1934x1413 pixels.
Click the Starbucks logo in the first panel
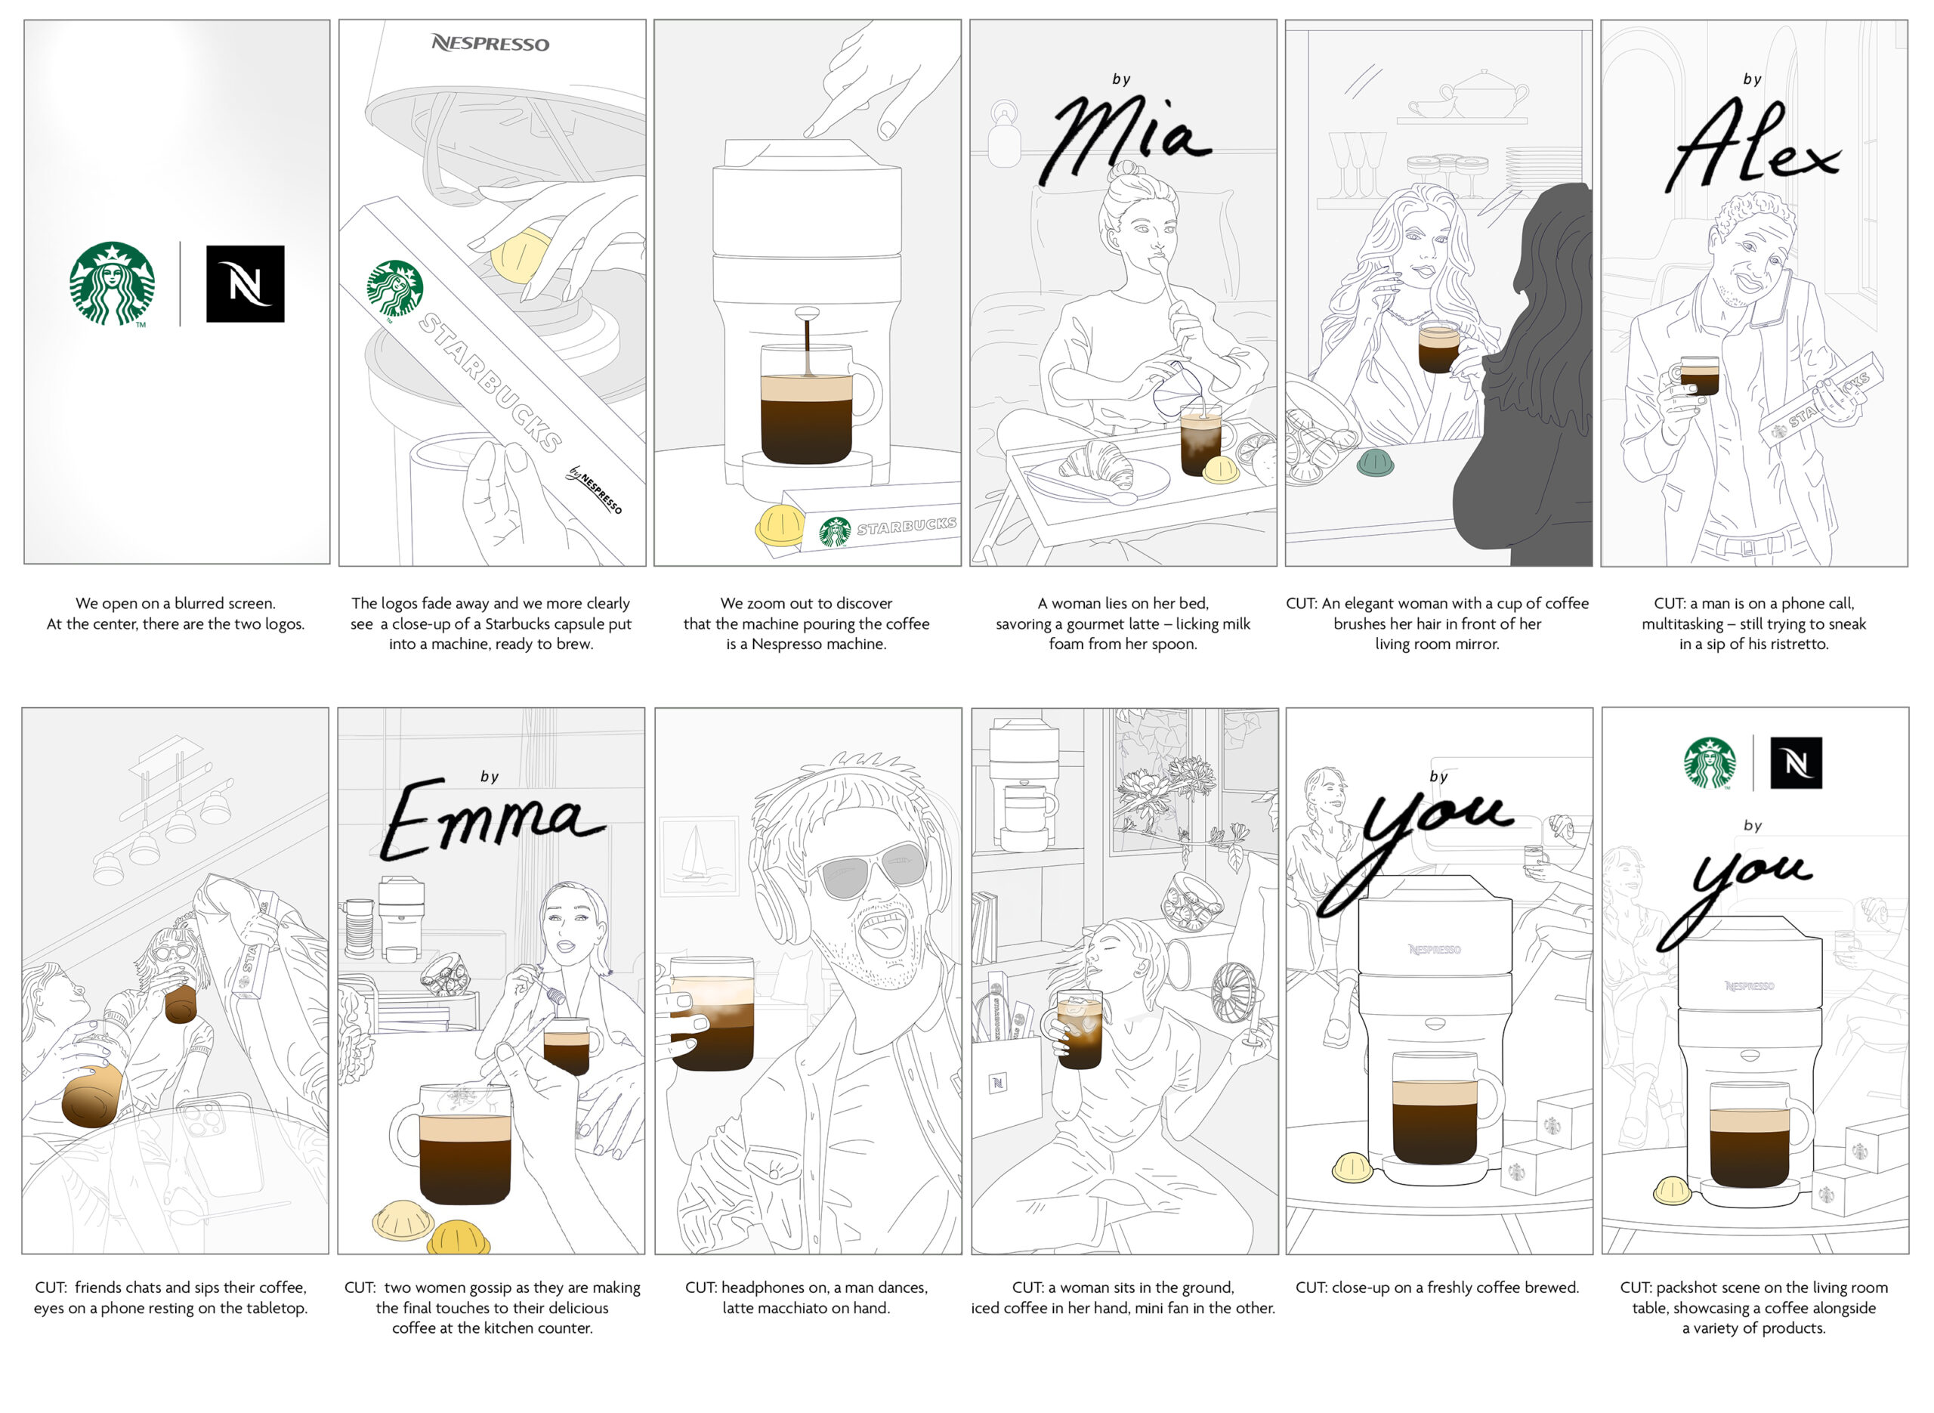112,283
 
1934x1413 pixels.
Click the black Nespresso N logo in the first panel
246,284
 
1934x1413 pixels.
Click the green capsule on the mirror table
1375,462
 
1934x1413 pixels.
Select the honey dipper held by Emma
540,984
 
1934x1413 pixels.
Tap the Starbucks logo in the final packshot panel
1710,762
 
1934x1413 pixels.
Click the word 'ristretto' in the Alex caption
1796,644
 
